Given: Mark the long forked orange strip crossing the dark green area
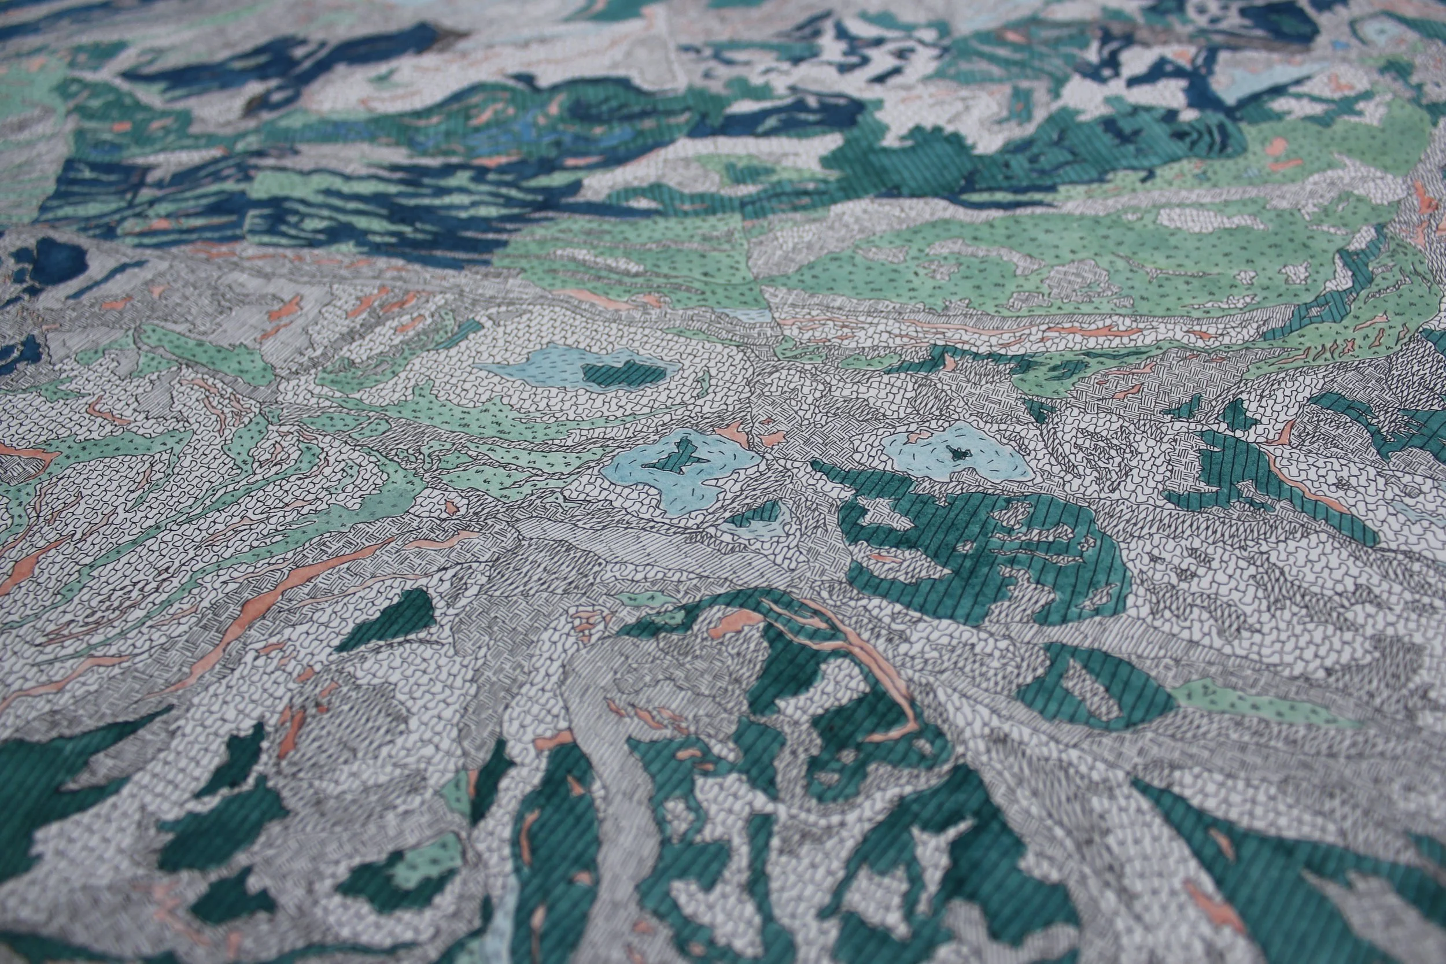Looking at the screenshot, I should pyautogui.click(x=861, y=664).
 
